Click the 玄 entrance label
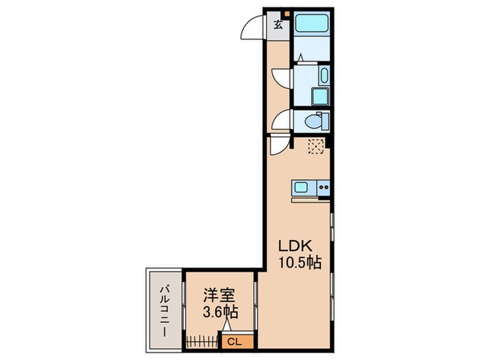(x=278, y=26)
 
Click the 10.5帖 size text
(x=300, y=262)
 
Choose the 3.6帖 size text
(x=220, y=313)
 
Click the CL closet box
(x=233, y=340)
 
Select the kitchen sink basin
(x=303, y=187)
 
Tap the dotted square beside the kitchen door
(x=316, y=145)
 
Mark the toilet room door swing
(x=281, y=121)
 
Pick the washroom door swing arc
(x=281, y=77)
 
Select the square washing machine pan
(x=320, y=95)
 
